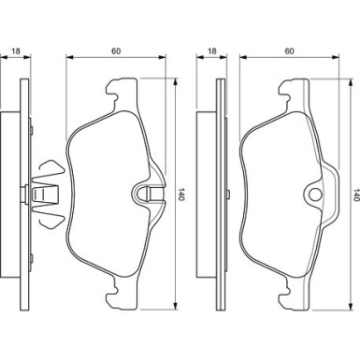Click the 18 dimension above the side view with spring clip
pyautogui.click(x=16, y=50)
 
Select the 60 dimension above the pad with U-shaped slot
pyautogui.click(x=116, y=50)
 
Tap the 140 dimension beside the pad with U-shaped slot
pyautogui.click(x=181, y=194)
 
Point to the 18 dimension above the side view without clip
pyautogui.click(x=212, y=50)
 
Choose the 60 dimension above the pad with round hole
pyautogui.click(x=290, y=50)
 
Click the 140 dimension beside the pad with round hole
pyautogui.click(x=356, y=194)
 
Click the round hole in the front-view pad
pyautogui.click(x=315, y=194)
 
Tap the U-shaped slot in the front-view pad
pyautogui.click(x=148, y=194)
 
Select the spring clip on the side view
pyautogui.click(x=47, y=194)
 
